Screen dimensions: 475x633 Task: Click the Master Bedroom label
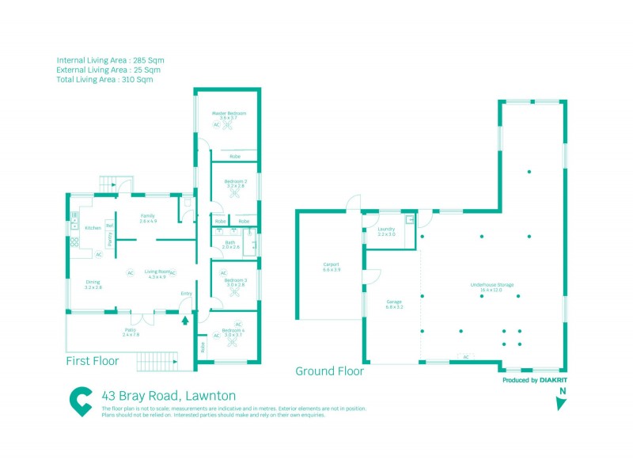229,113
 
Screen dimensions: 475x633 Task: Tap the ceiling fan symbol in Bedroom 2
234,192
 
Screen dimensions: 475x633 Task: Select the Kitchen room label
93,228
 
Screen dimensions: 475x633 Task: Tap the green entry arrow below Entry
186,321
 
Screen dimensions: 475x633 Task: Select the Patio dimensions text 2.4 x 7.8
131,335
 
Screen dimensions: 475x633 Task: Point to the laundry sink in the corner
410,221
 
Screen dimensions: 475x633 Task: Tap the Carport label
331,264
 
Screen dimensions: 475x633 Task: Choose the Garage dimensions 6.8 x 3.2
394,306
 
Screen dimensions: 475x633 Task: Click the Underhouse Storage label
492,285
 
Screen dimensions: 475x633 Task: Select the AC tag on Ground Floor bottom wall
466,357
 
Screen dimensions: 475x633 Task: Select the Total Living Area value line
104,79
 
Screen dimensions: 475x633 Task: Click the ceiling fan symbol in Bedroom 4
234,342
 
